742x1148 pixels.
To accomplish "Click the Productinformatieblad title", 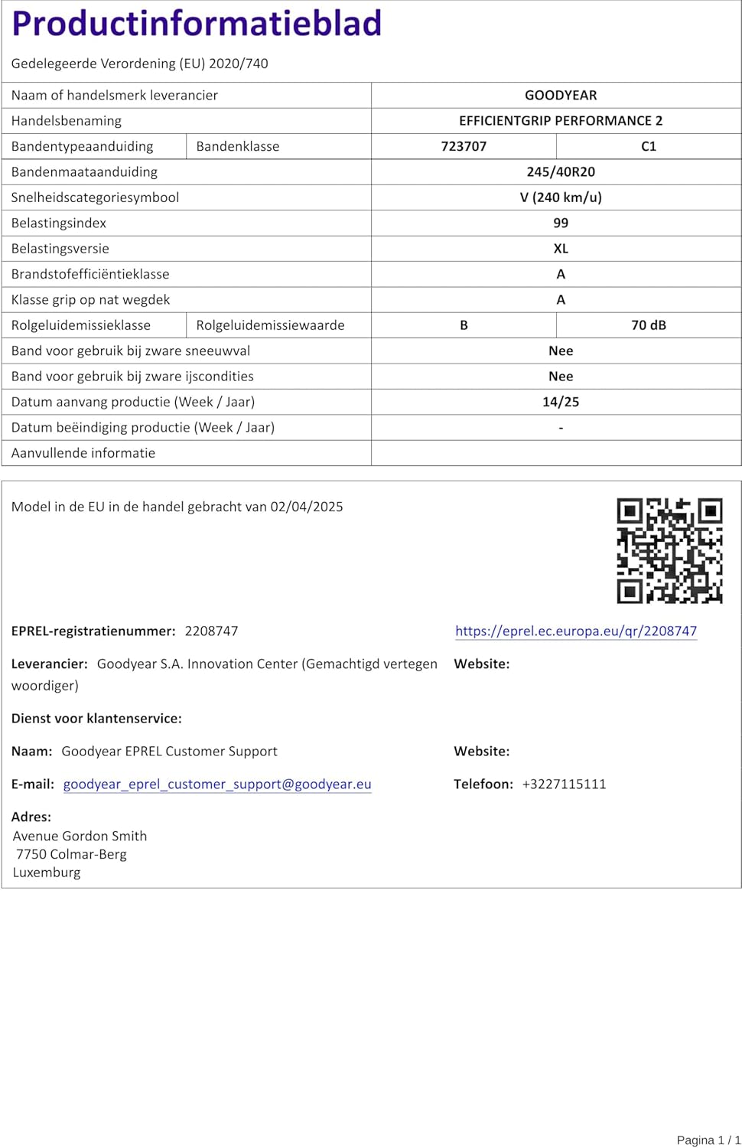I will tap(197, 23).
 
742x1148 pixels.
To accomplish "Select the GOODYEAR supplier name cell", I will tap(561, 95).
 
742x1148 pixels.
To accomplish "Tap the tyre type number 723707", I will tap(464, 146).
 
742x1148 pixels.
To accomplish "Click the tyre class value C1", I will tap(649, 146).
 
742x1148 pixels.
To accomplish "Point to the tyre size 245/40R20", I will tap(561, 171).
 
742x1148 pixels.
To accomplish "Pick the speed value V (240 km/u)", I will tap(561, 197).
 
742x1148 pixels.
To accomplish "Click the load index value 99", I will tap(561, 223).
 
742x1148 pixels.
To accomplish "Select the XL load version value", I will tap(561, 249).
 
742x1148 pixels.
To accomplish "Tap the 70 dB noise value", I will tap(649, 325).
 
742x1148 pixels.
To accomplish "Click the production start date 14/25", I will tap(561, 402).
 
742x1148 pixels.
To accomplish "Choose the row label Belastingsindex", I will tap(59, 223).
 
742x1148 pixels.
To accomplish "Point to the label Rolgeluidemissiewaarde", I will tap(270, 325).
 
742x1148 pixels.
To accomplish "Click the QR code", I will tap(669, 550).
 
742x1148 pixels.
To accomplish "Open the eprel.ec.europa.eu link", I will tap(576, 631).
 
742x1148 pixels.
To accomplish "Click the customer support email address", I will tap(217, 784).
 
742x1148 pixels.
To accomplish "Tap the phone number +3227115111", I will tap(564, 784).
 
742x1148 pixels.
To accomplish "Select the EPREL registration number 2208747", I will tap(211, 631).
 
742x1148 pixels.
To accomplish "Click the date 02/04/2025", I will tap(307, 507).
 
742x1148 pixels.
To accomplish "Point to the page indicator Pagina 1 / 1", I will tap(708, 1140).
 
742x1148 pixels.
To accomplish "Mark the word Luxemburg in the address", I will tap(47, 872).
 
